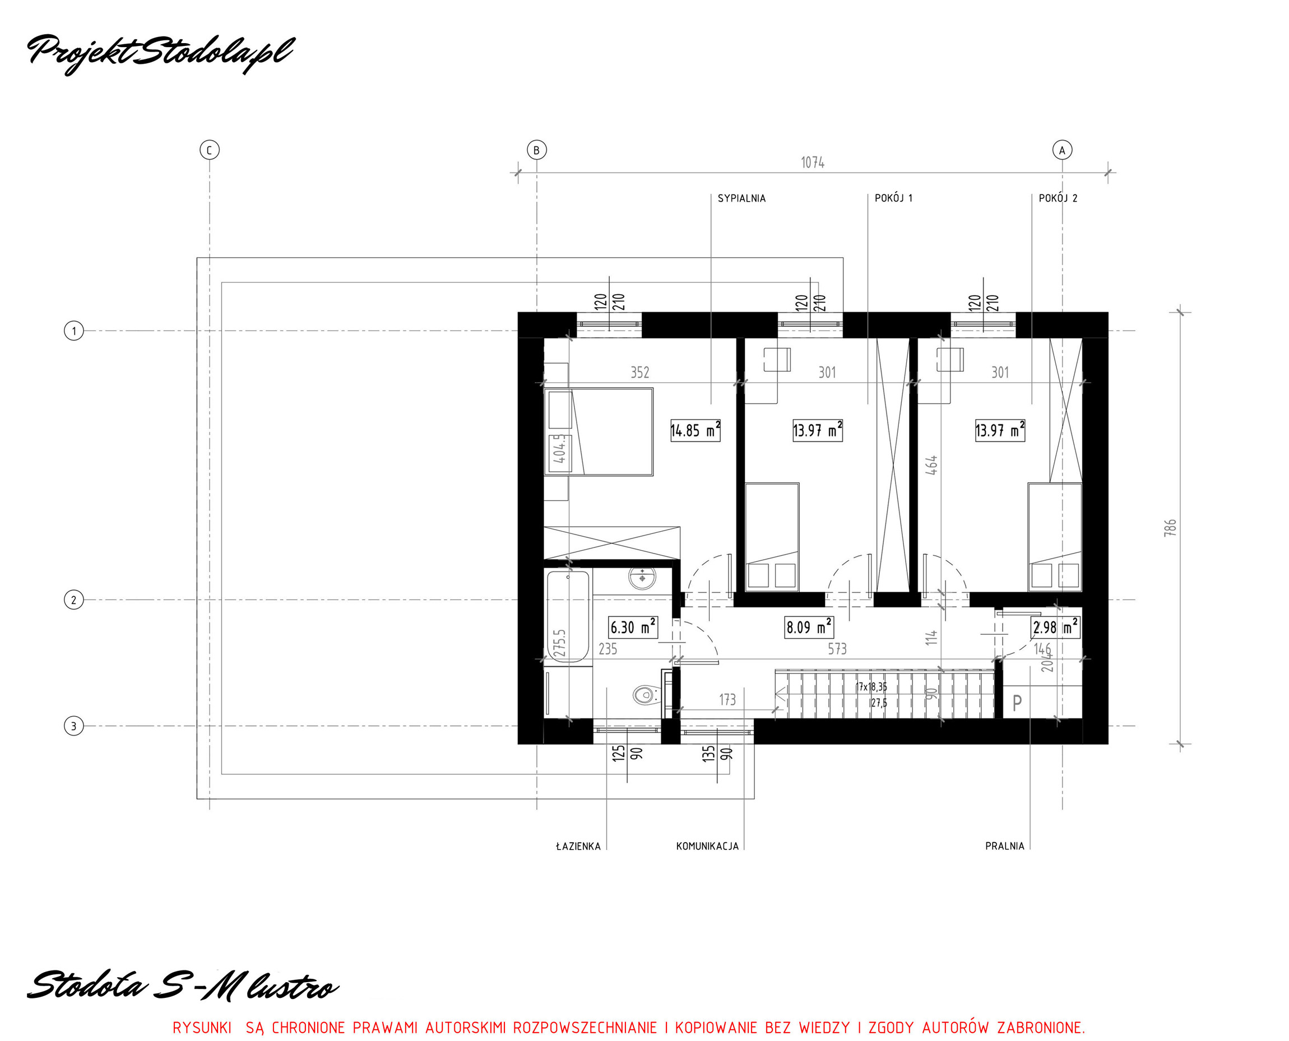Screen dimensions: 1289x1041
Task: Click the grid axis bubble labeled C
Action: pyautogui.click(x=210, y=150)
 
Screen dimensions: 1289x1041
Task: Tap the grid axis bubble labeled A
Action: pyautogui.click(x=1062, y=150)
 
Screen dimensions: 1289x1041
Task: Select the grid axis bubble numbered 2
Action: pyautogui.click(x=74, y=600)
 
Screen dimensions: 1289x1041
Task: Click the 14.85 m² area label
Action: pyautogui.click(x=695, y=430)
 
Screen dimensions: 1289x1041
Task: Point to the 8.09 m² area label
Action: pyautogui.click(x=809, y=628)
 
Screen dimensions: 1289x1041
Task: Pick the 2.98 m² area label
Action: pyautogui.click(x=1056, y=628)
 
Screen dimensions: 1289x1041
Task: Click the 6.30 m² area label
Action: pyautogui.click(x=633, y=628)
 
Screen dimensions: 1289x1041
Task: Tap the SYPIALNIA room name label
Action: pyautogui.click(x=741, y=198)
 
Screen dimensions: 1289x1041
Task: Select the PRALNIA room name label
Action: pyautogui.click(x=1005, y=846)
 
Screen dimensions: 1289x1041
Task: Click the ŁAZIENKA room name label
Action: pyautogui.click(x=578, y=846)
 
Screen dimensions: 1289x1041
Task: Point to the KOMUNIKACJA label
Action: pyautogui.click(x=707, y=846)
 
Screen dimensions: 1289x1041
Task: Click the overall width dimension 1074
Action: pyautogui.click(x=813, y=162)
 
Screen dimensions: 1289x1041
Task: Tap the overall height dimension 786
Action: pyautogui.click(x=1170, y=528)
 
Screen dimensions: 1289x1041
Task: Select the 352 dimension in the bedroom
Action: pyautogui.click(x=640, y=373)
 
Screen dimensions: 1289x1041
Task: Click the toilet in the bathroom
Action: pyautogui.click(x=645, y=695)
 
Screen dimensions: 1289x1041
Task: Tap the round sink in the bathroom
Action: pyautogui.click(x=642, y=578)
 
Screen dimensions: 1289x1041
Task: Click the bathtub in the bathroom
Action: pyautogui.click(x=567, y=616)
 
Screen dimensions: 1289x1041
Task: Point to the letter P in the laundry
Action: pyautogui.click(x=1017, y=703)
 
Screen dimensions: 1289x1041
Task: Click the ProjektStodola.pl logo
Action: pyautogui.click(x=161, y=53)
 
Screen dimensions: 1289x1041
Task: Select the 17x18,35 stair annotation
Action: pyautogui.click(x=871, y=686)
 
